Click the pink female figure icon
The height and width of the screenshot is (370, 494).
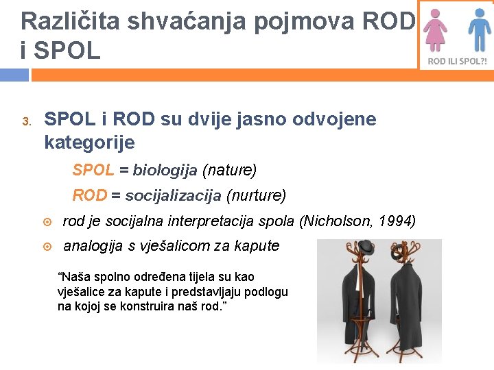(435, 31)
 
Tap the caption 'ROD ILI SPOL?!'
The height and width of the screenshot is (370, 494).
(457, 61)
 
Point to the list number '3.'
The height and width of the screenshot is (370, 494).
(26, 122)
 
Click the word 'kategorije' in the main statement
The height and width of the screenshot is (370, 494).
(89, 143)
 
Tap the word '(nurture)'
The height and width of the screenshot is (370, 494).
(256, 195)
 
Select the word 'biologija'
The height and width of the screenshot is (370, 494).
(165, 169)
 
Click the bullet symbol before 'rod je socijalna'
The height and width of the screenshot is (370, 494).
(46, 221)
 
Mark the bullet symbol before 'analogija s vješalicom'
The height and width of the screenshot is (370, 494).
(46, 246)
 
